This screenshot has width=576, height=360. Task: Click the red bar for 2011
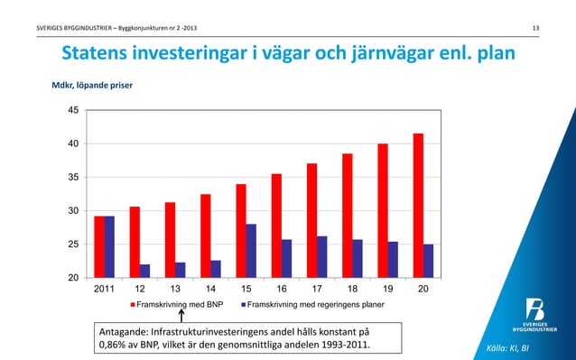point(99,246)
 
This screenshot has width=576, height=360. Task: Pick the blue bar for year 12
point(144,271)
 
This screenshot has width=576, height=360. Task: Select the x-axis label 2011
point(104,290)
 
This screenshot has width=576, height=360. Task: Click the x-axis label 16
point(281,290)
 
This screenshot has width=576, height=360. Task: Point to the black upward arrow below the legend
point(181,318)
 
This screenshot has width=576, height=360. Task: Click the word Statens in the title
point(99,55)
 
